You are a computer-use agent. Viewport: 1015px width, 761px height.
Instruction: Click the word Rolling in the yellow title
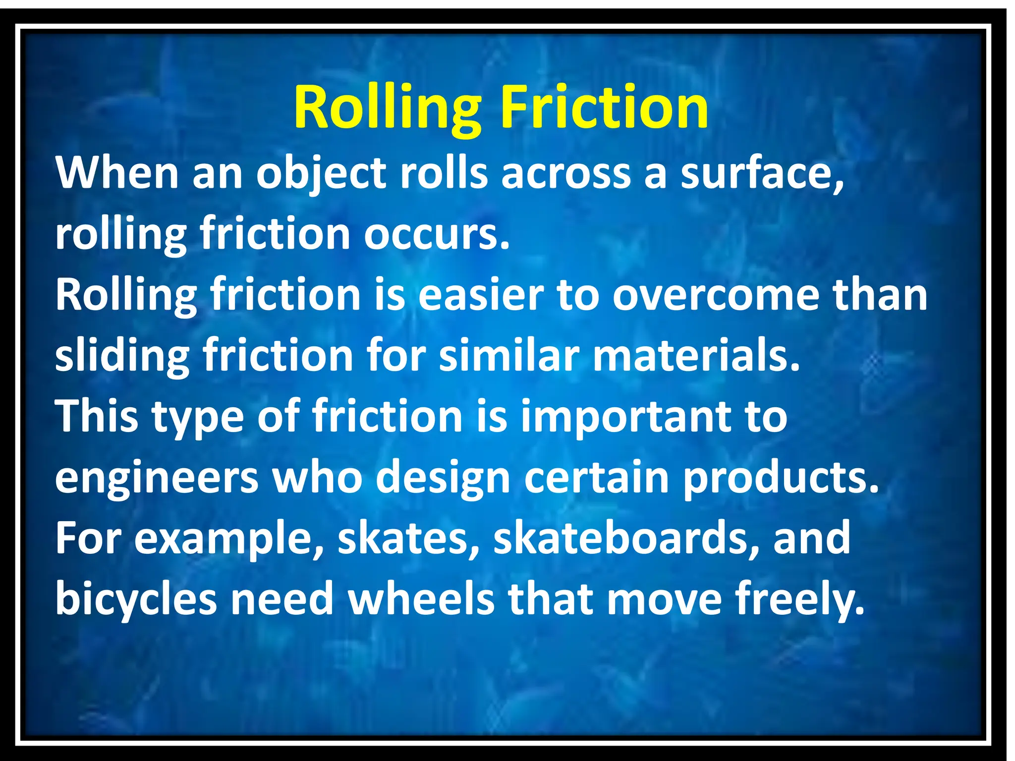click(x=387, y=107)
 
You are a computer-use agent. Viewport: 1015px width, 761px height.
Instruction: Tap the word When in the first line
click(x=117, y=173)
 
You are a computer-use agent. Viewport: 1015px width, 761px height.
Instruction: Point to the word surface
click(x=761, y=173)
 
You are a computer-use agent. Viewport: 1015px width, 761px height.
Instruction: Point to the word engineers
click(x=157, y=478)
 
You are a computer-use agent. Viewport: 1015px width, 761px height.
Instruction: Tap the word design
click(x=443, y=478)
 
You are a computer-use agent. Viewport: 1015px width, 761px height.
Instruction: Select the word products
click(x=781, y=478)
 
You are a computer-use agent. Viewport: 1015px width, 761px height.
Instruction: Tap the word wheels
click(x=421, y=599)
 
